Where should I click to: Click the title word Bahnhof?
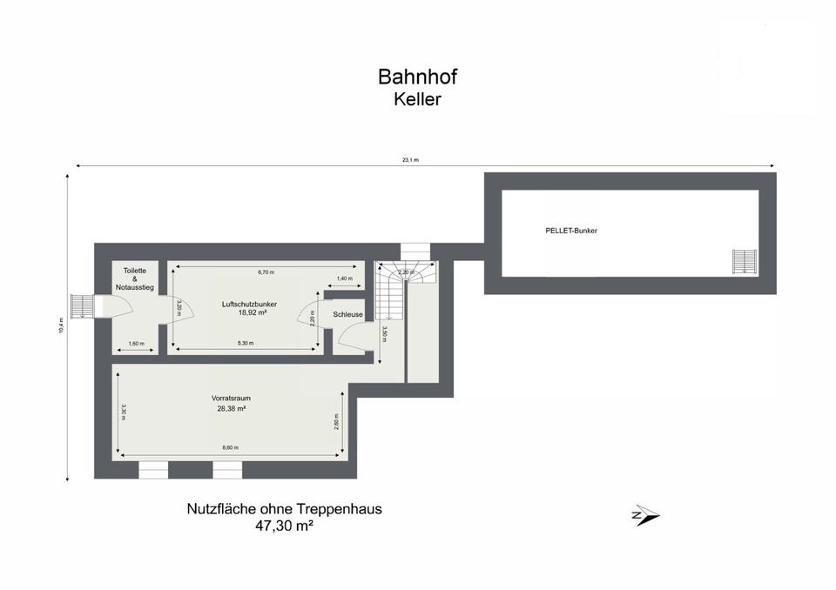(x=417, y=77)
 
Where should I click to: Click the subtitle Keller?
(x=417, y=99)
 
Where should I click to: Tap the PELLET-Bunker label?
(x=571, y=231)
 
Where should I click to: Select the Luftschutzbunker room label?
(x=250, y=305)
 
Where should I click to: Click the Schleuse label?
(x=347, y=314)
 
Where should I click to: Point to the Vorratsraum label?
(x=231, y=399)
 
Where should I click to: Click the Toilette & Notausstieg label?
(x=135, y=278)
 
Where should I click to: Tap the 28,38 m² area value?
(x=232, y=409)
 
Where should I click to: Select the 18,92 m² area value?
(x=253, y=313)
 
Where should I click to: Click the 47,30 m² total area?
(x=284, y=526)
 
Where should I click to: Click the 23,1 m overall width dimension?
(x=410, y=160)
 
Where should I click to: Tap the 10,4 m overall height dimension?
(x=61, y=325)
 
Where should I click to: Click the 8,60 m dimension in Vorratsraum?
(x=230, y=447)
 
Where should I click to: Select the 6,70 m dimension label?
(x=266, y=272)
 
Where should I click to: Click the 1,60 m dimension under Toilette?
(x=137, y=344)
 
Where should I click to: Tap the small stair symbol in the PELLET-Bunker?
(x=745, y=262)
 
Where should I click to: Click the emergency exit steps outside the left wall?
(x=82, y=306)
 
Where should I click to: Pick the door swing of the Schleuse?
(x=353, y=339)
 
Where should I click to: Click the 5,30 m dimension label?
(x=246, y=343)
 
